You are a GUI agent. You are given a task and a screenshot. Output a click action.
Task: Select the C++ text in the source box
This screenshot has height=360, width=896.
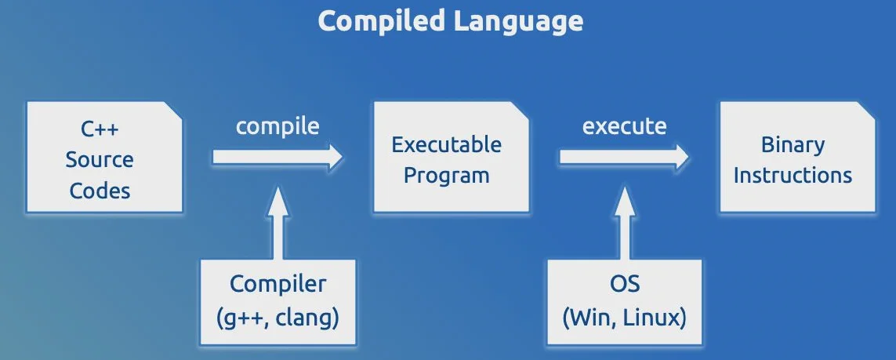point(99,129)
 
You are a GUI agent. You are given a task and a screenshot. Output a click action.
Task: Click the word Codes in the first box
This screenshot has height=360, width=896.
point(100,190)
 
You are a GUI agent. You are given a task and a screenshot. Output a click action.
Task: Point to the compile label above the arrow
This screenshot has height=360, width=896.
point(278,126)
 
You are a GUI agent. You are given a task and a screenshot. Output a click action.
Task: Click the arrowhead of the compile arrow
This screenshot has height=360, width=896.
point(336,157)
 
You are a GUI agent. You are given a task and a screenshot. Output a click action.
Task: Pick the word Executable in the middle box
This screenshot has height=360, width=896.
point(447,144)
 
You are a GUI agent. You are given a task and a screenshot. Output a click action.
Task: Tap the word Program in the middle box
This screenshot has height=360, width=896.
point(447,175)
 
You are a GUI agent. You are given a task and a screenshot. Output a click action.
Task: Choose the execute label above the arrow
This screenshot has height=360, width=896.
point(625,126)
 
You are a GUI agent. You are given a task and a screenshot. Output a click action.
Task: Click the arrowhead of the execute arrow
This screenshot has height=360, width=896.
point(681,157)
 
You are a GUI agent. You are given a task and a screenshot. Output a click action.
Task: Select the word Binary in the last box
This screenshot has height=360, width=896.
point(793,144)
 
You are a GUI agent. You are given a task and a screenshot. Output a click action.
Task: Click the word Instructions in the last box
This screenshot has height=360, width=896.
point(793,174)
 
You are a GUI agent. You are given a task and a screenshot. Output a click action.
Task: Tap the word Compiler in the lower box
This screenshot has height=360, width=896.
point(278,283)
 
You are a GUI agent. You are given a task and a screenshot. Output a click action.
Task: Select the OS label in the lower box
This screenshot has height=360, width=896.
point(624,283)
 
